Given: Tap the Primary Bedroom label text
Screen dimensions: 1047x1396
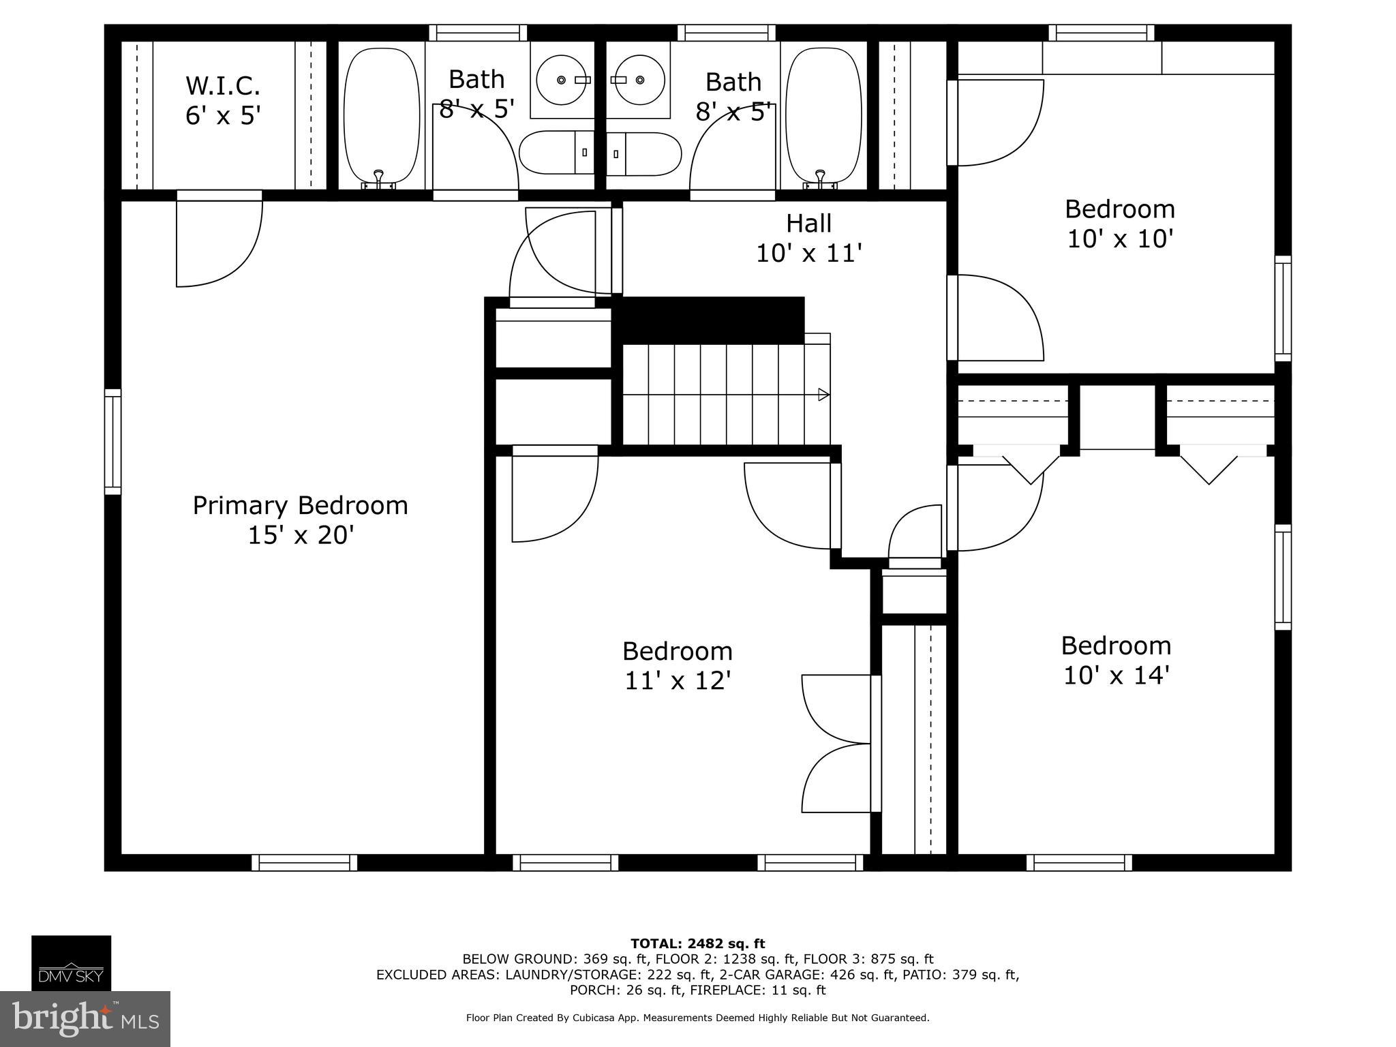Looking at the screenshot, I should pyautogui.click(x=300, y=520).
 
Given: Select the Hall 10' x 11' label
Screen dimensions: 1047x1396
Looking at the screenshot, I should pyautogui.click(x=809, y=238).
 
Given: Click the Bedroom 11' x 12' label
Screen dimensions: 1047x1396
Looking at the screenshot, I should pyautogui.click(x=678, y=665).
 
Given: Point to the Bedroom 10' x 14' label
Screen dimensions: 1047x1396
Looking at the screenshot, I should pyautogui.click(x=1116, y=660).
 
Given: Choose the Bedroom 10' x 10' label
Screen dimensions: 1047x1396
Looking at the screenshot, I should pyautogui.click(x=1120, y=224).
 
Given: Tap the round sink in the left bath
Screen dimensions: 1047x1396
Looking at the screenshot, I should pyautogui.click(x=562, y=80).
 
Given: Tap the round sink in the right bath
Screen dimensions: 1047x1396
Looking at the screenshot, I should pyautogui.click(x=639, y=80).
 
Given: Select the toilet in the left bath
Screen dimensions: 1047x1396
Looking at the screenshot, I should pyautogui.click(x=556, y=153).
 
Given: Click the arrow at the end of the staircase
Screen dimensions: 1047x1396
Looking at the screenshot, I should pyautogui.click(x=823, y=394).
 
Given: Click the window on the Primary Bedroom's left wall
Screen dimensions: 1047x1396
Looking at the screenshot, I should pyautogui.click(x=112, y=442).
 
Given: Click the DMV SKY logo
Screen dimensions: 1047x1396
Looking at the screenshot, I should pyautogui.click(x=71, y=962).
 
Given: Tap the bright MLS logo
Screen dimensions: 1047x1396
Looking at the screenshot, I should pyautogui.click(x=85, y=1018).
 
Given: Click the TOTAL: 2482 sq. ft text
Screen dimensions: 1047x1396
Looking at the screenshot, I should pyautogui.click(x=697, y=943).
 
